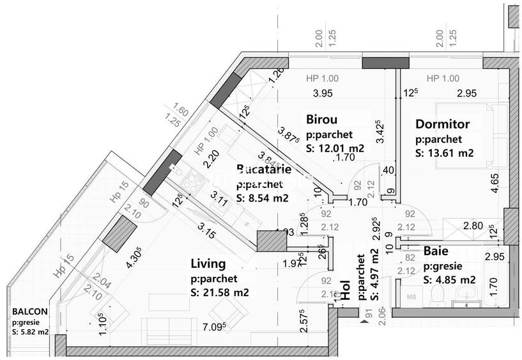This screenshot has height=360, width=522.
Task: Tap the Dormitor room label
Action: [442, 124]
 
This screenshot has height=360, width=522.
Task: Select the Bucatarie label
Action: [264, 169]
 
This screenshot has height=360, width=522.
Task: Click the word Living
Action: [208, 263]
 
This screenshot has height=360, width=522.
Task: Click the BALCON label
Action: [29, 312]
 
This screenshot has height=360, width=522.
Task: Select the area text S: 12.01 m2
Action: [335, 148]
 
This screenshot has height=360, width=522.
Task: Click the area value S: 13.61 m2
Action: [444, 153]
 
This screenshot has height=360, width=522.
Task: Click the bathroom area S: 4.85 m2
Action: [449, 280]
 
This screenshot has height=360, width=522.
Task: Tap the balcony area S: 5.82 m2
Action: [30, 332]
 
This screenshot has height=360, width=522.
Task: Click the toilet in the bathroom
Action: [438, 295]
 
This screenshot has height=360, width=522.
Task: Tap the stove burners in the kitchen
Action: [192, 182]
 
